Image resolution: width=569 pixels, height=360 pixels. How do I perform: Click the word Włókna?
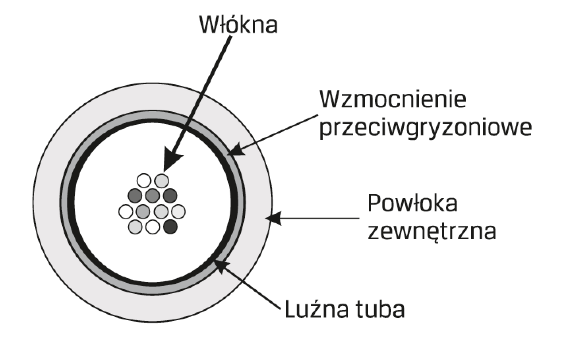(x=238, y=25)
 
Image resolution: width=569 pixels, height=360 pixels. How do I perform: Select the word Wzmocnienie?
(x=393, y=99)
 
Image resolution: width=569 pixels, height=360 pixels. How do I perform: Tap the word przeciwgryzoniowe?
(x=425, y=129)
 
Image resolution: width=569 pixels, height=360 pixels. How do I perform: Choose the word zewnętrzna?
(x=432, y=232)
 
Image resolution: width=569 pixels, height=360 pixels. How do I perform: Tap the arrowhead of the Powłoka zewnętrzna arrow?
(x=273, y=218)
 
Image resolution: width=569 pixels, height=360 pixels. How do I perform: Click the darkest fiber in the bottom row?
(x=170, y=227)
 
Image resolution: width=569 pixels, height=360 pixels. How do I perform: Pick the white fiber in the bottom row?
(x=153, y=227)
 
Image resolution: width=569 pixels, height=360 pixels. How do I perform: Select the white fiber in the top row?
(x=144, y=181)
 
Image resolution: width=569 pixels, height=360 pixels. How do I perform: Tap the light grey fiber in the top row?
(x=162, y=181)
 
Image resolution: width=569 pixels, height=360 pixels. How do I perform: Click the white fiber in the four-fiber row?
(x=126, y=211)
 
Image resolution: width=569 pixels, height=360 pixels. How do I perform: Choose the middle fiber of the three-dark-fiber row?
(x=153, y=195)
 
